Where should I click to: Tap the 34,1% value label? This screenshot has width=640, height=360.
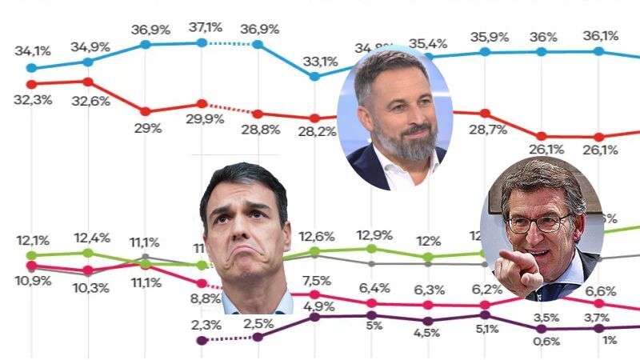pos(33,51)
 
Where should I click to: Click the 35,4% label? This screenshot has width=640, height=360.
pos(427,42)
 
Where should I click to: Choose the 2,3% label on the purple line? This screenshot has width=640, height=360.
pos(207,324)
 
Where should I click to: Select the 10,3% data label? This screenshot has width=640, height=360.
pos(88,287)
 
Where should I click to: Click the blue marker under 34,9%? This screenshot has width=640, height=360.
pos(88,62)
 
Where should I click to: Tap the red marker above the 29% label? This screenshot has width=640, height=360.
pos(146,111)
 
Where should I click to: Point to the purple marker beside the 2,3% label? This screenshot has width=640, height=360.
pos(202,340)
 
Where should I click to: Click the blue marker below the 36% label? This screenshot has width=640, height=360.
pos(542,52)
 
